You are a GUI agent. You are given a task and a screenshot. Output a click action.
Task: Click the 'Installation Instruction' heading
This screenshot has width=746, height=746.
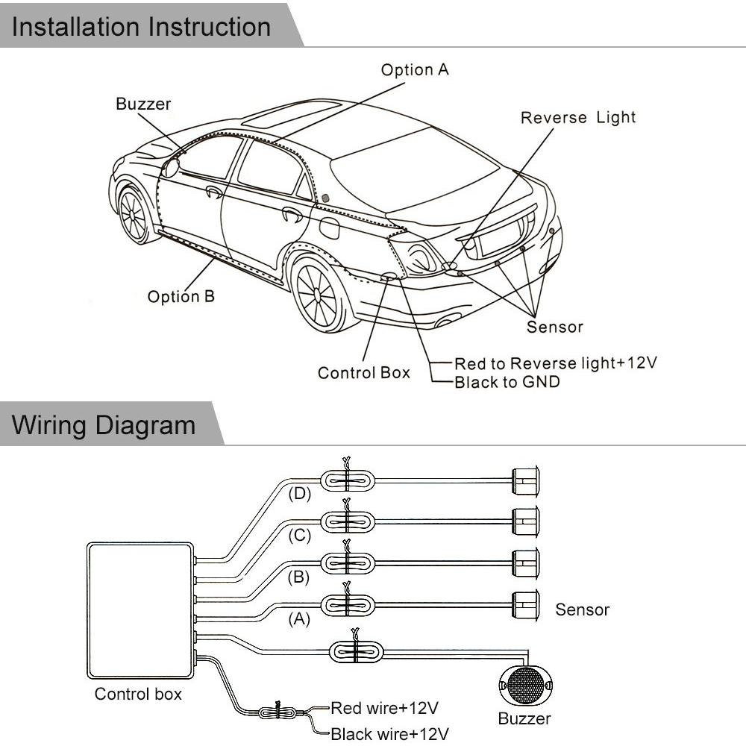click(x=141, y=27)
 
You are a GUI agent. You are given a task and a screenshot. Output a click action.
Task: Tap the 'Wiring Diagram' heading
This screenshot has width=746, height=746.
click(x=104, y=425)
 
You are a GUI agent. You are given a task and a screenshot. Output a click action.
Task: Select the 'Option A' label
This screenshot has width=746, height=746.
click(x=415, y=70)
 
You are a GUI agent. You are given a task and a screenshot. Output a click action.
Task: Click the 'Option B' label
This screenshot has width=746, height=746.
click(x=181, y=297)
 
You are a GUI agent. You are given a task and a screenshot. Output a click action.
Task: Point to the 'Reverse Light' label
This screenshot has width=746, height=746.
click(x=578, y=118)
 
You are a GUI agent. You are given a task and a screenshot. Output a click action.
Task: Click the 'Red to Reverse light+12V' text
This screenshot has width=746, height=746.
click(x=556, y=363)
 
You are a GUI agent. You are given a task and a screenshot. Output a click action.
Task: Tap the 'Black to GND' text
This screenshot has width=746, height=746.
click(x=507, y=382)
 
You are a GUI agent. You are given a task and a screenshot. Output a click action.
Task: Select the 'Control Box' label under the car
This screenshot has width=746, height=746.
click(x=364, y=372)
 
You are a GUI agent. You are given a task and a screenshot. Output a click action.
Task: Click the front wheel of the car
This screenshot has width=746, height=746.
click(x=134, y=214)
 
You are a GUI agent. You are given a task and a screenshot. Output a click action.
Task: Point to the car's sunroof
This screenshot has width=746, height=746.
click(x=291, y=113)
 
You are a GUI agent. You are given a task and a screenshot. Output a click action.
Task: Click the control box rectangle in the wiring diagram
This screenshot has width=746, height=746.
click(x=141, y=610)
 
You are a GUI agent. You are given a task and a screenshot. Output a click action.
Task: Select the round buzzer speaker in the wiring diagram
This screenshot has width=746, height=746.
click(x=526, y=685)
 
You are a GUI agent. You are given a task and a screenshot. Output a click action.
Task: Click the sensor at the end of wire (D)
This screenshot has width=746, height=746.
click(x=525, y=480)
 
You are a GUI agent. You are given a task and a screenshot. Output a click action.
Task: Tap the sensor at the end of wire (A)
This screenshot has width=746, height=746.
click(x=525, y=605)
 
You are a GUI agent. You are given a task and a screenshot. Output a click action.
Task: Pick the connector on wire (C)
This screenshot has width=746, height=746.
click(x=348, y=522)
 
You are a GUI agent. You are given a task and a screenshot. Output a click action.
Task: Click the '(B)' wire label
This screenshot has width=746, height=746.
click(x=299, y=577)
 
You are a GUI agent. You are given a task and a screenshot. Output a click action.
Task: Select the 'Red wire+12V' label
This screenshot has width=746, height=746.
click(x=384, y=708)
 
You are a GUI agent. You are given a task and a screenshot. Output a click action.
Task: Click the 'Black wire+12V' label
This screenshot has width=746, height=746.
click(x=389, y=733)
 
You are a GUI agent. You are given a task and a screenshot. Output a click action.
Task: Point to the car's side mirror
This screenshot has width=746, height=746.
click(x=172, y=167)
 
